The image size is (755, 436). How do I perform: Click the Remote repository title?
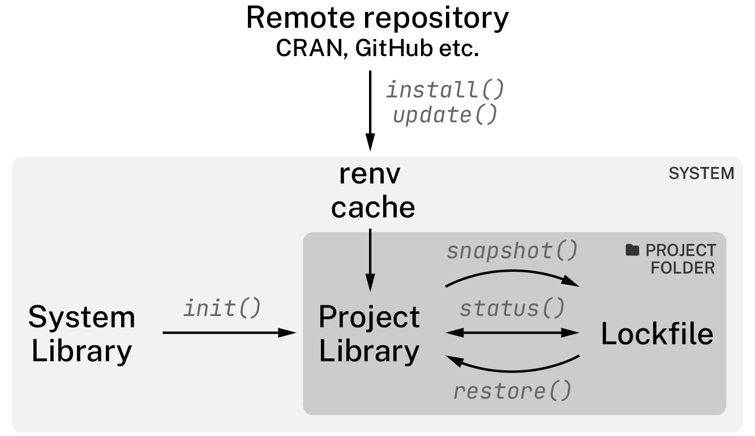[377, 18]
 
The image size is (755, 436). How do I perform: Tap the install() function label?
[444, 89]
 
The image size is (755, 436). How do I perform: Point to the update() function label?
[444, 115]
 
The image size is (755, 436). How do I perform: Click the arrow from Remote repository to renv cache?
[370, 108]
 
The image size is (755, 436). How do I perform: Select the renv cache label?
[373, 191]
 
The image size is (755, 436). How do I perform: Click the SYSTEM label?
[701, 174]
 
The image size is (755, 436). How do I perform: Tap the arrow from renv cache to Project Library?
[370, 258]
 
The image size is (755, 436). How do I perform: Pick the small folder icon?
[632, 250]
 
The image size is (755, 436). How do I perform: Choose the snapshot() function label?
[512, 251]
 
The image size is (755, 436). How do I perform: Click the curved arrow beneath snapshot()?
[512, 273]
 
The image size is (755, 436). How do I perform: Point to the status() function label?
[512, 309]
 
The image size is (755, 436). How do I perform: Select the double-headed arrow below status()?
[512, 333]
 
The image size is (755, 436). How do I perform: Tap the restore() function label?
[512, 391]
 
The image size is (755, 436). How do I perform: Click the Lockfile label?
[657, 334]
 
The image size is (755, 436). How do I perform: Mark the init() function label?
[222, 308]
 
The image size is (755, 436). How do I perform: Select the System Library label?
[81, 334]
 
